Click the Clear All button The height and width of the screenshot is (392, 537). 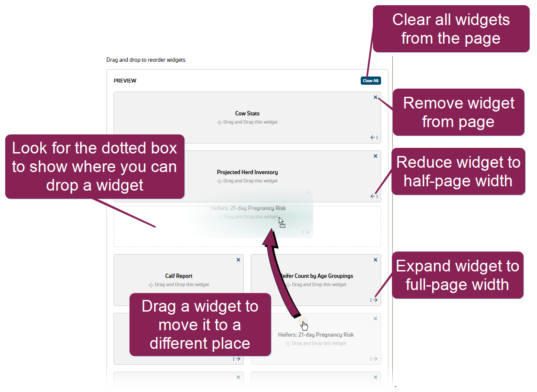coord(371,81)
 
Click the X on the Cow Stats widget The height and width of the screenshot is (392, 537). coord(375,97)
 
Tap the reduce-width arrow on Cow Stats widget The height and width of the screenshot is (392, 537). coord(374,138)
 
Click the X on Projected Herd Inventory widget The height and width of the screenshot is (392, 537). coord(375,156)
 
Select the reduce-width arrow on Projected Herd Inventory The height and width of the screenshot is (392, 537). coord(374,197)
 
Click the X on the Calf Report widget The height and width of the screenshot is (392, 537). coord(238,260)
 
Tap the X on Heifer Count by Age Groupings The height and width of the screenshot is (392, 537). coord(375,260)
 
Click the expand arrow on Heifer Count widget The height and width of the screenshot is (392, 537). coord(374,300)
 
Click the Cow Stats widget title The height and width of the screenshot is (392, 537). coord(247,114)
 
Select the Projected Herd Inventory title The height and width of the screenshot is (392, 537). coord(247,172)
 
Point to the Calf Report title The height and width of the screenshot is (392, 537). coord(178,276)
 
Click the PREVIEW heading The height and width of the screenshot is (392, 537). coord(125,81)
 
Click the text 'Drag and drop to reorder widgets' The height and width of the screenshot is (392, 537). coord(146,60)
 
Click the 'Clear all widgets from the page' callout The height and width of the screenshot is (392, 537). coord(451,29)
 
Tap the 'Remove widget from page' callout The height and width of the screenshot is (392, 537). coord(458,112)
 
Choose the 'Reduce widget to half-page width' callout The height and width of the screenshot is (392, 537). coord(458,172)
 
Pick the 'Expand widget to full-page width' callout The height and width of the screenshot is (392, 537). coord(457,275)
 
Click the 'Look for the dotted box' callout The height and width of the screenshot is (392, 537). coord(94,166)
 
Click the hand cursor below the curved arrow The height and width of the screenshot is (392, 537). coord(304,325)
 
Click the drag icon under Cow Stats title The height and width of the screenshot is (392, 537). coord(220,122)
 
